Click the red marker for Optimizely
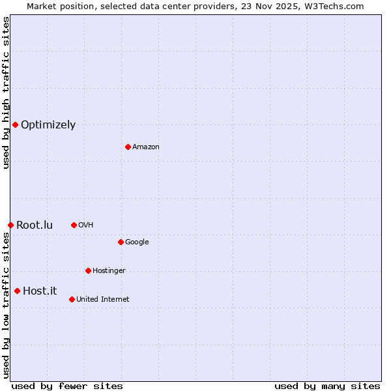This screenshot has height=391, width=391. tap(15, 124)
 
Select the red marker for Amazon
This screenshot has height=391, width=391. tap(128, 147)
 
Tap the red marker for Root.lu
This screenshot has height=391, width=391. tap(10, 225)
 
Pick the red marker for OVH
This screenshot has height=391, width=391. tap(74, 225)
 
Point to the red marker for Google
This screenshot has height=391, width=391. tap(121, 242)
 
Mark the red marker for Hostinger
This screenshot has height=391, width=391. tap(88, 270)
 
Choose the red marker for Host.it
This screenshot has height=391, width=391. tap(17, 291)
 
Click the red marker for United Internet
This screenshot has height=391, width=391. tap(72, 299)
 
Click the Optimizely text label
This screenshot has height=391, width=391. tap(48, 125)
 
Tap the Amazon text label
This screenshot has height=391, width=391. tap(146, 147)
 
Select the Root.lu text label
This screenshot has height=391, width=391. tap(35, 225)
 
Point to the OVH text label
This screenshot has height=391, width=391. tap(86, 225)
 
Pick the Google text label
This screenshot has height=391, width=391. tap(137, 242)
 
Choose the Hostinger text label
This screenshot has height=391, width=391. tap(109, 271)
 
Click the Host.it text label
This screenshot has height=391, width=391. tap(40, 291)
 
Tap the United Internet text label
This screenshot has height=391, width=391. tap(103, 300)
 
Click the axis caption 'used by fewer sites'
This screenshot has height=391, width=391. tap(67, 386)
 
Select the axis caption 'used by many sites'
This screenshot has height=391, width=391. tap(327, 386)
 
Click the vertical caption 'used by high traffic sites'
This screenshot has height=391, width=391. tap(6, 93)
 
